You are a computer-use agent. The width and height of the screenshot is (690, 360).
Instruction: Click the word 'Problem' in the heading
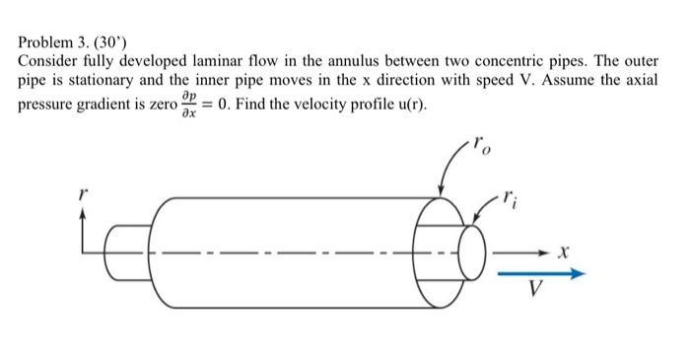pyautogui.click(x=45, y=44)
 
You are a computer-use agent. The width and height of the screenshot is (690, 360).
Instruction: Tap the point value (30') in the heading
pyautogui.click(x=108, y=44)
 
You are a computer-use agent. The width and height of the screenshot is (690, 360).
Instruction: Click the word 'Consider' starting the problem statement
pyautogui.click(x=47, y=62)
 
